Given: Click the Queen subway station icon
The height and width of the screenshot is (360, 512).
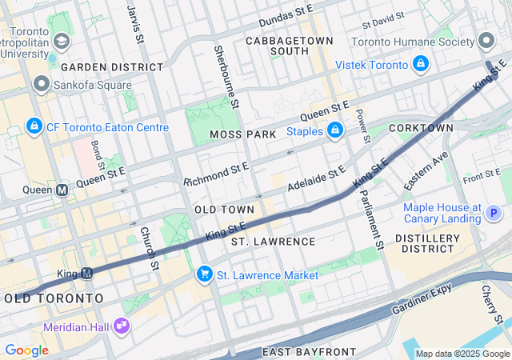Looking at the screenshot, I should [x=62, y=190].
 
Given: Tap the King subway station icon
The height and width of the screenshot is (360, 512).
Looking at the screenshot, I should [x=88, y=274].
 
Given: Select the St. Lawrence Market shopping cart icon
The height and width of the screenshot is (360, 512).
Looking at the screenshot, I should [x=205, y=274].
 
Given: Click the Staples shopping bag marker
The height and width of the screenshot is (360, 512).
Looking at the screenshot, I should [x=335, y=130].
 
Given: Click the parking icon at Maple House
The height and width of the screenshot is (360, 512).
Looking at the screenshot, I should [x=494, y=213].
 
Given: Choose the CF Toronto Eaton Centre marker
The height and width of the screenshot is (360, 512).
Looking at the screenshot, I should [x=34, y=126].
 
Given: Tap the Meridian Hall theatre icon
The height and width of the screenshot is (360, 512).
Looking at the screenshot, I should [x=122, y=326].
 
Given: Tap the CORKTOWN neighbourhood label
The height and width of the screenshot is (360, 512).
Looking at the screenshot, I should [x=421, y=128].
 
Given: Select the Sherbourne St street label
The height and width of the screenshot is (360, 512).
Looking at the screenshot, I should [x=227, y=77].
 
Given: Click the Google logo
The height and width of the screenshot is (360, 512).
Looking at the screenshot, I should [x=26, y=350].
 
